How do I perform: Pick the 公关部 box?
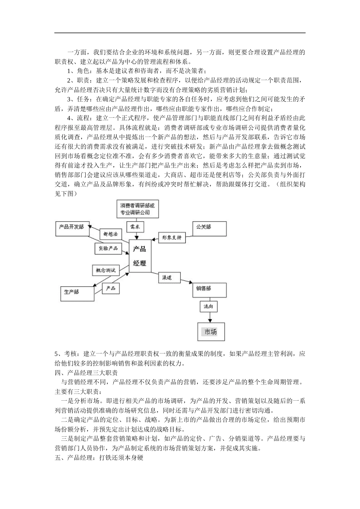(x=209, y=229)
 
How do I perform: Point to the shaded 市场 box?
(x=211, y=332)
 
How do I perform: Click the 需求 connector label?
(x=135, y=227)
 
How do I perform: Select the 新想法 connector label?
(x=110, y=234)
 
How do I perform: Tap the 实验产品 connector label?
(x=108, y=248)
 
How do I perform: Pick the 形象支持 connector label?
(x=172, y=238)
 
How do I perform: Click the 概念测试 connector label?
(x=106, y=270)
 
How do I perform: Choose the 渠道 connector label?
(x=169, y=278)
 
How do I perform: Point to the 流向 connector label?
(x=208, y=306)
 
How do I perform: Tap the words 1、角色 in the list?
(x=78, y=71)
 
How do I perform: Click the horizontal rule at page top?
(x=180, y=33)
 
